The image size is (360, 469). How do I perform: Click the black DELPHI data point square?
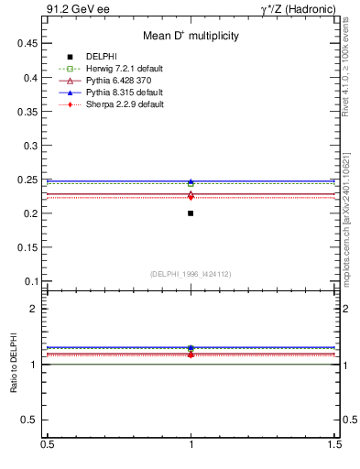point(191,213)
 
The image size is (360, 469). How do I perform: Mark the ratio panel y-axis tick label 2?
point(36,309)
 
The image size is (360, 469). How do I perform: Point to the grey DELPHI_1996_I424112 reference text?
point(191,274)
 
